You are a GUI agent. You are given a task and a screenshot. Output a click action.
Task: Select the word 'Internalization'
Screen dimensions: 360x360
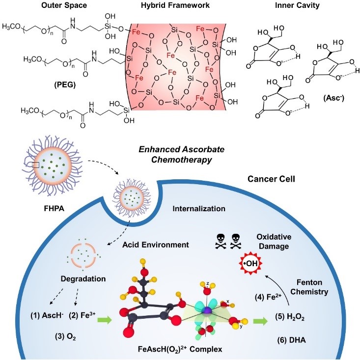click(199, 209)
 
